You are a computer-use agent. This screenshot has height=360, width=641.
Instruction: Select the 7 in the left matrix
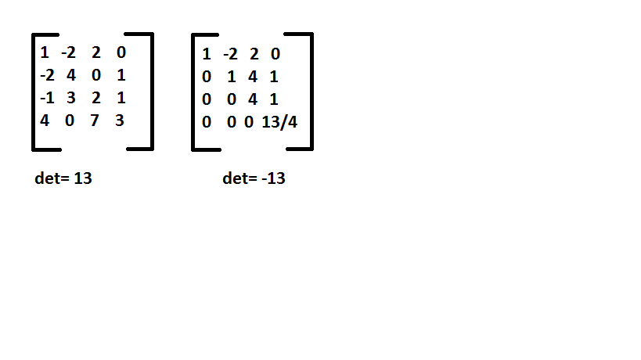pyautogui.click(x=94, y=123)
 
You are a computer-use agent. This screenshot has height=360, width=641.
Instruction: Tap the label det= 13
pyautogui.click(x=64, y=178)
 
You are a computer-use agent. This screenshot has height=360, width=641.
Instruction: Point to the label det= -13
pyautogui.click(x=254, y=178)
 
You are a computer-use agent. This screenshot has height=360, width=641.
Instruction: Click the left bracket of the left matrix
pyautogui.click(x=34, y=92)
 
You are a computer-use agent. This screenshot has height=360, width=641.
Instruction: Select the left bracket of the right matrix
pyautogui.click(x=194, y=92)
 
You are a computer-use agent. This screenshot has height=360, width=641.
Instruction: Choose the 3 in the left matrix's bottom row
pyautogui.click(x=119, y=123)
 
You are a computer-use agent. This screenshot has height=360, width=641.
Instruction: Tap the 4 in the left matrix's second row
pyautogui.click(x=70, y=77)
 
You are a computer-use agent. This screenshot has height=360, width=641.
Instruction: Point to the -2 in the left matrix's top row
pyautogui.click(x=69, y=53)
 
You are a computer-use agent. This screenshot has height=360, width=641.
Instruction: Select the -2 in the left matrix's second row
pyautogui.click(x=46, y=77)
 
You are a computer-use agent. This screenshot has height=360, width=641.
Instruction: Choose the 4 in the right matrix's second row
pyautogui.click(x=252, y=77)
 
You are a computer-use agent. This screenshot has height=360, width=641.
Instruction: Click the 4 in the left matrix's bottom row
pyautogui.click(x=45, y=123)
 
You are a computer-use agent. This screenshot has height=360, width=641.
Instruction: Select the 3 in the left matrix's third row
pyautogui.click(x=70, y=99)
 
